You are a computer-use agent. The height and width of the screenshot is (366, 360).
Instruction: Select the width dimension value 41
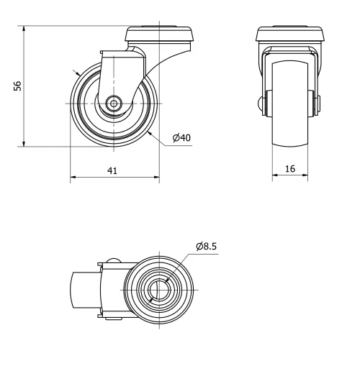coord(113,170)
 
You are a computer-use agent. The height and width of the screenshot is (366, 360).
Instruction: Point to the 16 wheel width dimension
coord(289,168)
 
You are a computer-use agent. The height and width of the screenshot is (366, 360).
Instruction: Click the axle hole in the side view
coord(114,104)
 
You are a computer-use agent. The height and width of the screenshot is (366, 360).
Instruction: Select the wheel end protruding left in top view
coord(83,291)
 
